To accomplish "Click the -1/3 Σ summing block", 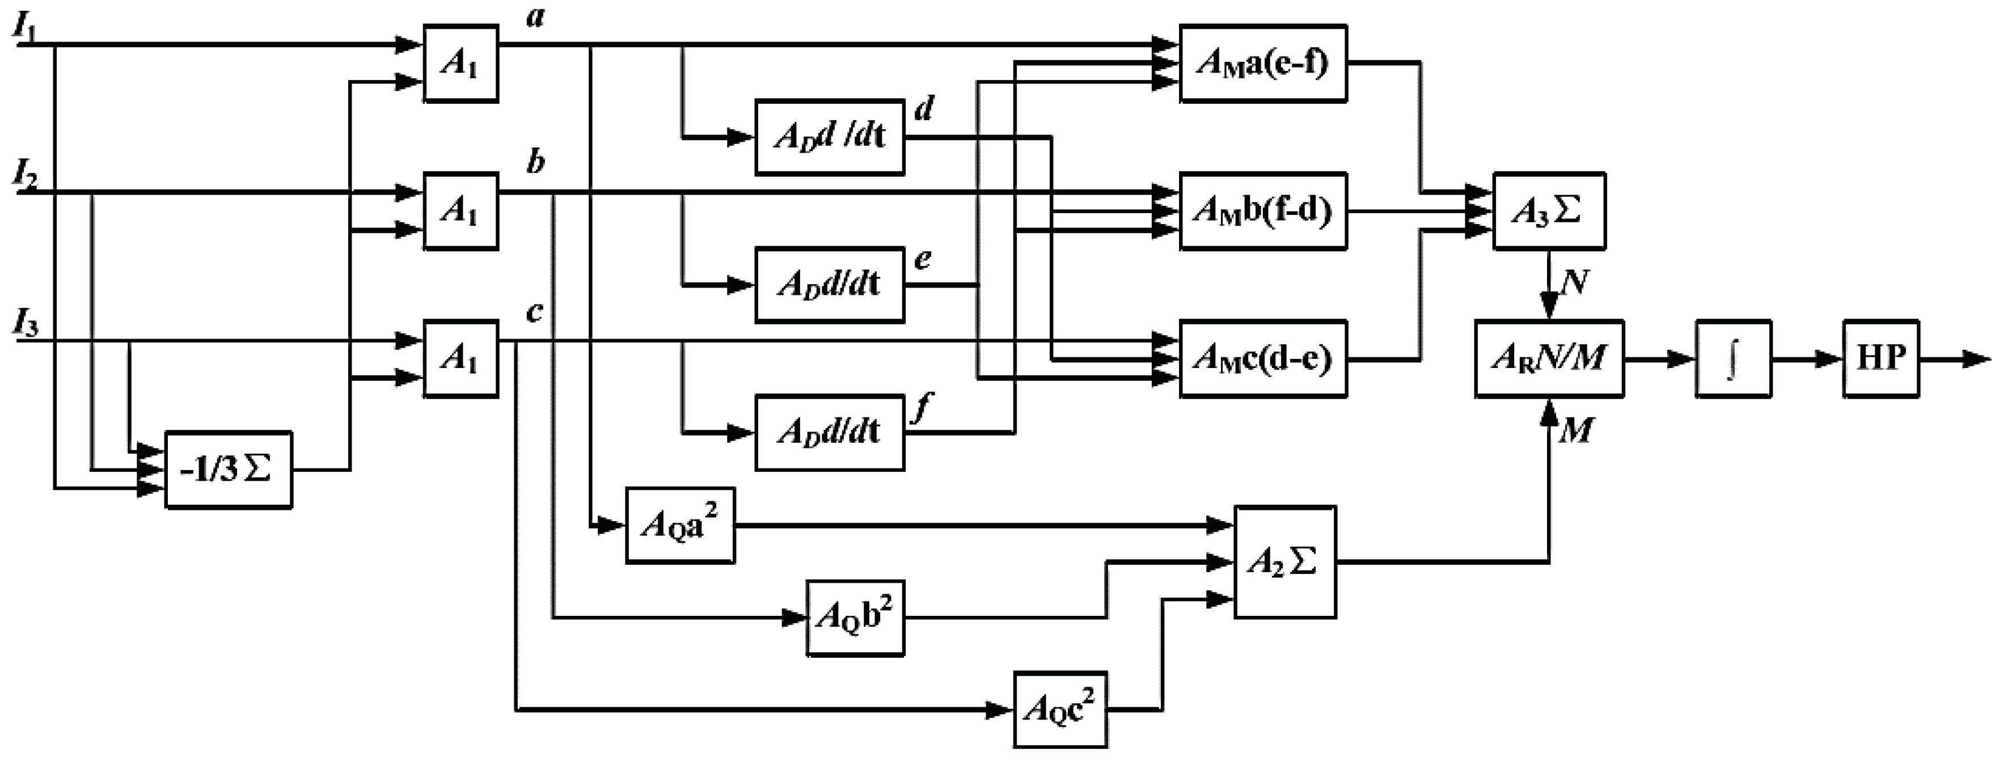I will pos(228,470).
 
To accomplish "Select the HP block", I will pos(1880,358).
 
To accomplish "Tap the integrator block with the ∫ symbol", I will pos(1733,359).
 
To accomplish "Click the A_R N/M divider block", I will pos(1549,358).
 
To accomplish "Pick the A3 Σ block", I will pos(1549,211).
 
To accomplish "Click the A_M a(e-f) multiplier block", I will pos(1262,63).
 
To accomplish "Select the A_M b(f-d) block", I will pos(1262,211).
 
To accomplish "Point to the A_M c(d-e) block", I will pos(1262,358).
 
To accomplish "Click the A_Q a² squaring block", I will pos(680,525).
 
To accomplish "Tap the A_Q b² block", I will pos(855,618).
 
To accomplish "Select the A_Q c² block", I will pos(1060,709).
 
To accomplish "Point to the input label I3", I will pos(26,323).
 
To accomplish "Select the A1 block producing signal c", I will pos(460,358).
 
